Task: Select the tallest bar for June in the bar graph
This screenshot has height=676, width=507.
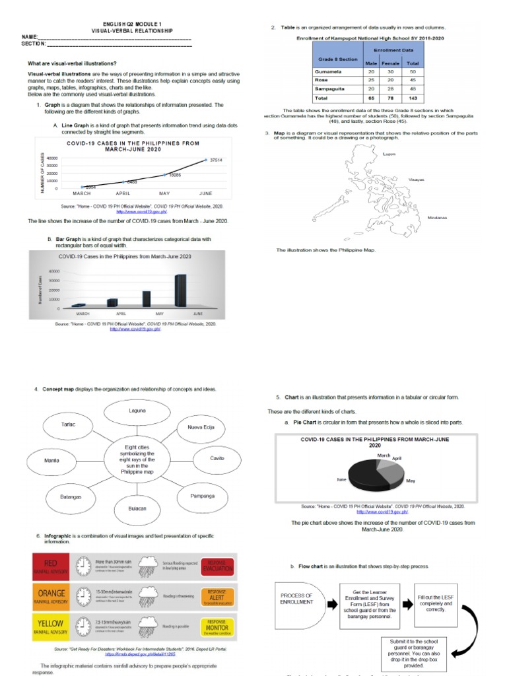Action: (x=180, y=290)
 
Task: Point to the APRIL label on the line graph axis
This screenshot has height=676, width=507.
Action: (x=123, y=193)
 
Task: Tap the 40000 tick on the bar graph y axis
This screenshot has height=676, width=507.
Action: (x=53, y=271)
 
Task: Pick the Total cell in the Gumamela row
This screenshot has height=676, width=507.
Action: (x=413, y=71)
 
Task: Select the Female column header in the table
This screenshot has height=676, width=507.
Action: (x=391, y=63)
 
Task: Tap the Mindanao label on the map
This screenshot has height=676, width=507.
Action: (x=438, y=217)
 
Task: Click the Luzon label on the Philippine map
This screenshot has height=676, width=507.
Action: (x=389, y=153)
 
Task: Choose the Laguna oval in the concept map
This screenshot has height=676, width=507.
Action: (x=137, y=412)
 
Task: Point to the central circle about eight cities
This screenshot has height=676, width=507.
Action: (x=137, y=459)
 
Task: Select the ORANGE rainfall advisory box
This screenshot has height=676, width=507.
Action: (x=53, y=596)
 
